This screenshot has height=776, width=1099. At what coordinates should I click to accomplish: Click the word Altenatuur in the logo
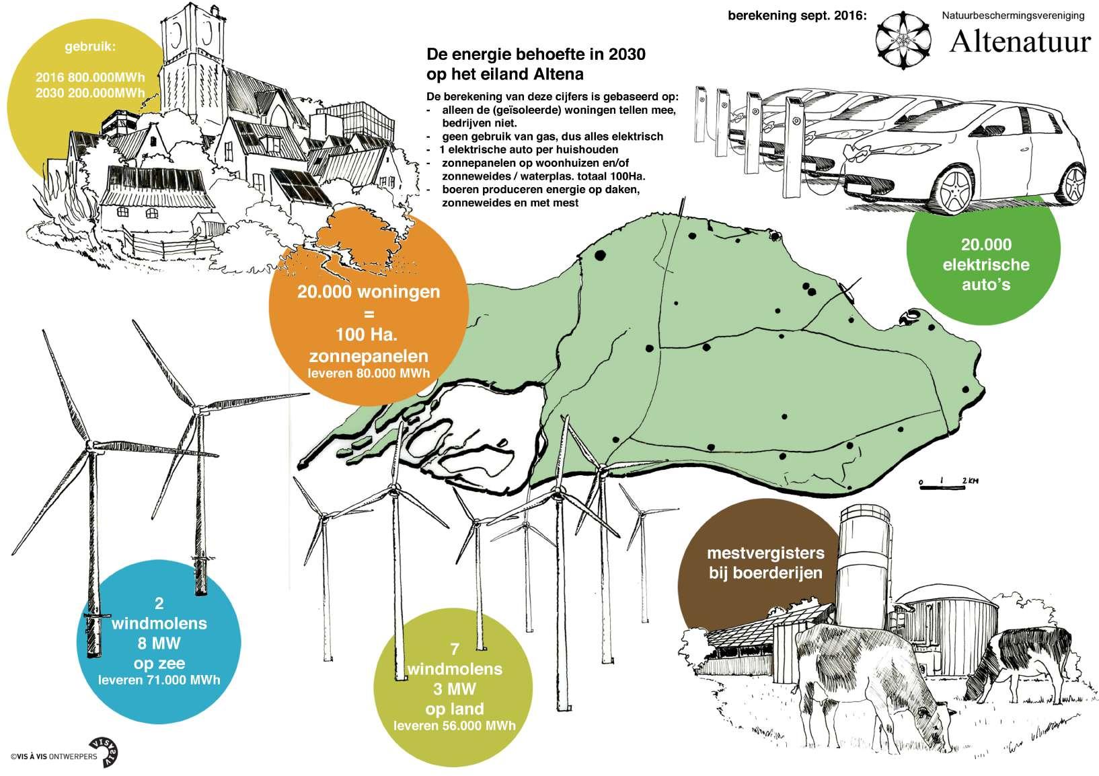click(x=1019, y=42)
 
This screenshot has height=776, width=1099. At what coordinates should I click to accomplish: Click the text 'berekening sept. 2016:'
click(x=797, y=15)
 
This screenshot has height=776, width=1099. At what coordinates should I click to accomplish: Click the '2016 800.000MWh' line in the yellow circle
click(x=89, y=77)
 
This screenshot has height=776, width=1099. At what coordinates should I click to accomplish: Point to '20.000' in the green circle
click(x=985, y=245)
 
